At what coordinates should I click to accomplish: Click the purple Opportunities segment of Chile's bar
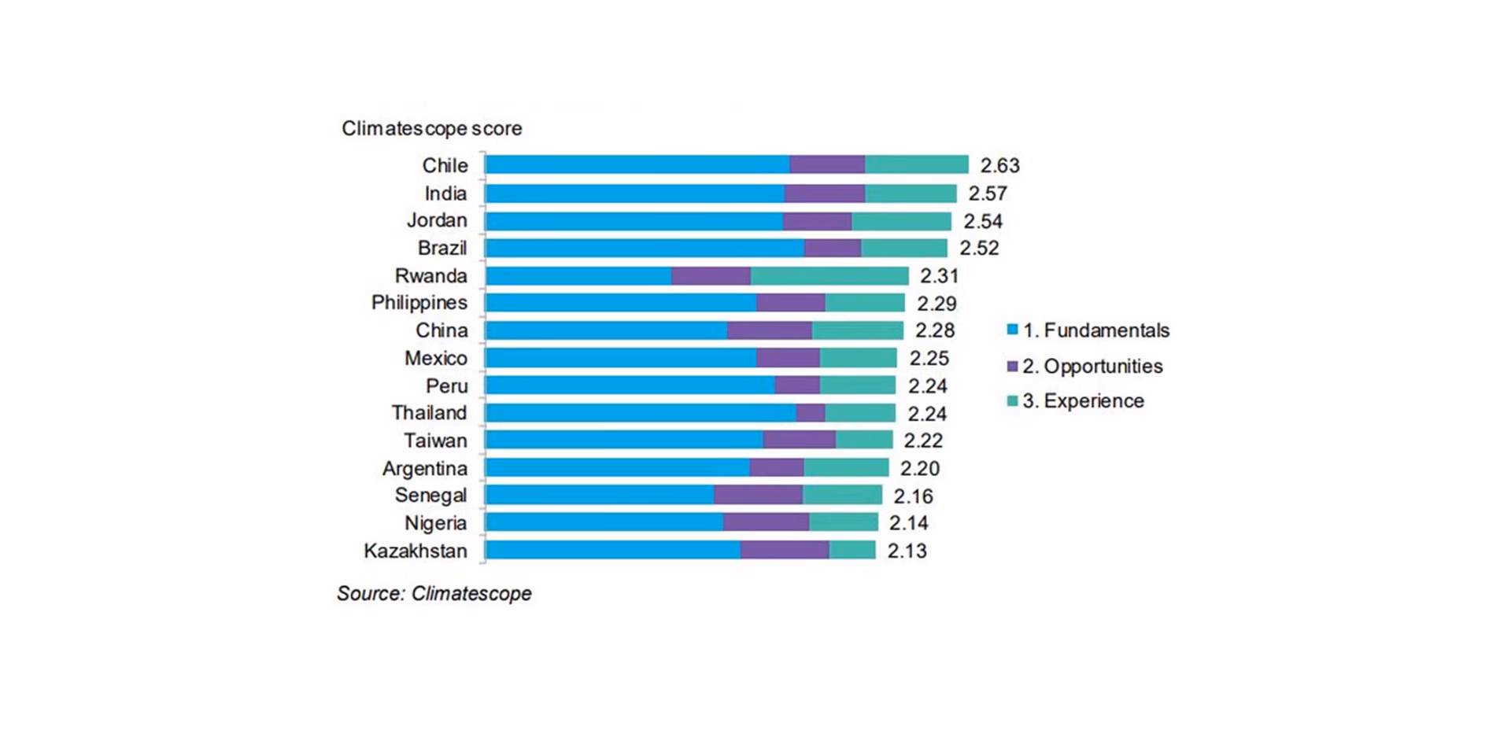[x=827, y=164]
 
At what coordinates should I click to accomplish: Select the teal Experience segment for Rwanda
[x=829, y=276]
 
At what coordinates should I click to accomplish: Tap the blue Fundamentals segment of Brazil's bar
[x=645, y=248]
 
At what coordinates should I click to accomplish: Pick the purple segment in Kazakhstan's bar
[x=784, y=550]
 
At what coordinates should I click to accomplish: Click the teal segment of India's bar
[x=911, y=194]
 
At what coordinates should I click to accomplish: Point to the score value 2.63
[x=999, y=165]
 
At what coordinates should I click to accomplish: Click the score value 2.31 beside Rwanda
[x=939, y=276]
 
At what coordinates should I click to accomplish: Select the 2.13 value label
[x=907, y=551]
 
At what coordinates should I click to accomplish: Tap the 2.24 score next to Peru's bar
[x=927, y=386]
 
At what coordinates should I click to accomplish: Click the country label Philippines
[x=419, y=303]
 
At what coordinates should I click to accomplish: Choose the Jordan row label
[x=436, y=220]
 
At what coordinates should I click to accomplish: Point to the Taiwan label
[x=434, y=441]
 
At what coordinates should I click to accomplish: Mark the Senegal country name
[x=430, y=496]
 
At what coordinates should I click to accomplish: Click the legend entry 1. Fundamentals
[x=1095, y=330]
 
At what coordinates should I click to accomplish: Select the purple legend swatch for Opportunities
[x=1012, y=366]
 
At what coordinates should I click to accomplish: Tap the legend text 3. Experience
[x=1083, y=401]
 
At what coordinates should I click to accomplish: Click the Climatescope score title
[x=431, y=128]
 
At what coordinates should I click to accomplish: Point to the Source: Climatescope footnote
[x=434, y=593]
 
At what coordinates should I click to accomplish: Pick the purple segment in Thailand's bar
[x=810, y=413]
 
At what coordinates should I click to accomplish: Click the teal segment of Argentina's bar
[x=846, y=468]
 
